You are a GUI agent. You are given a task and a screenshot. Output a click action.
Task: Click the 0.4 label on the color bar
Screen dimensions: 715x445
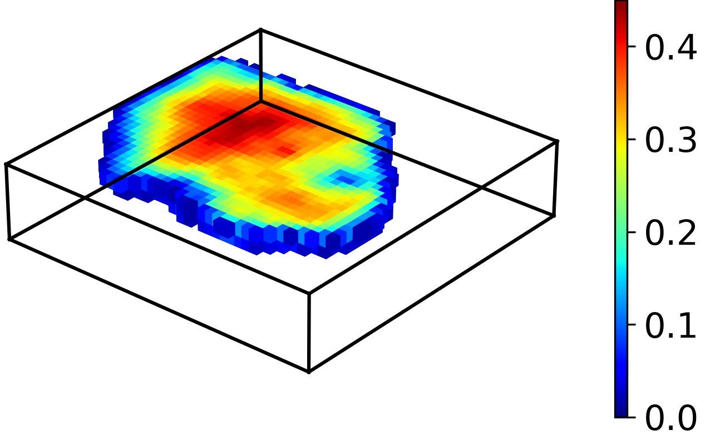point(670,47)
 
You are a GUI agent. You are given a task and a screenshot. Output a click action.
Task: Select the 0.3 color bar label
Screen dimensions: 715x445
point(670,140)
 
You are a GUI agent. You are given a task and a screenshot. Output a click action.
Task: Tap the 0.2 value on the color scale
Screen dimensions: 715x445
point(670,233)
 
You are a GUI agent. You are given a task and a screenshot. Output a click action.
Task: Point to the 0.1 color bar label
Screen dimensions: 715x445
point(670,326)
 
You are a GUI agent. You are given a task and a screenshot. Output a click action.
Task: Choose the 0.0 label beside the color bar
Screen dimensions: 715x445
point(670,418)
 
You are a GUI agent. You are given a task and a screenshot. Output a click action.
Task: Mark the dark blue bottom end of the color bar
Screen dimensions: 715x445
point(621,413)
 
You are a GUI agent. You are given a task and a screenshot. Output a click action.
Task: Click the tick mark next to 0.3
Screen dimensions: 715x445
point(632,140)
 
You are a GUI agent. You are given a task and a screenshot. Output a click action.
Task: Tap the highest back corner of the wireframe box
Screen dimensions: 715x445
point(261,29)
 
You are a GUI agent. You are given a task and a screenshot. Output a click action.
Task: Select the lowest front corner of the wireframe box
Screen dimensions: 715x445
point(309,372)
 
